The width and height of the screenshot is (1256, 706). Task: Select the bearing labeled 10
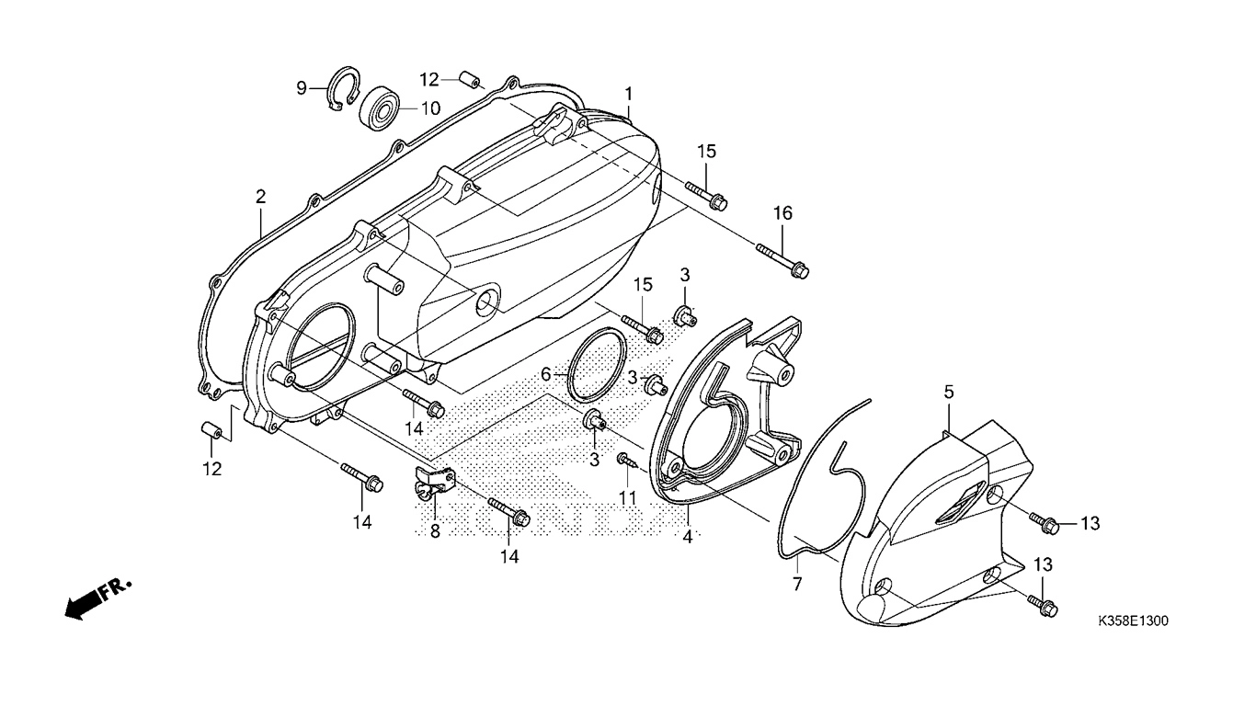coord(379,108)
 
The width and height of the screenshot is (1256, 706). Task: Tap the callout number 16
coord(782,213)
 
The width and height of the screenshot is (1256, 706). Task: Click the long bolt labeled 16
coord(782,261)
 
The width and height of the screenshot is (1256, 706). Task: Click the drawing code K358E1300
coord(1134,621)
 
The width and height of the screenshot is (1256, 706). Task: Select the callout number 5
coord(948,392)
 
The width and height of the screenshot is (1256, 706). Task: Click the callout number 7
coord(797,583)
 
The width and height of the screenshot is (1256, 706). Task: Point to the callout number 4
coord(688,537)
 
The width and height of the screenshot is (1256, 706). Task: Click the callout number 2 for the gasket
coord(260,197)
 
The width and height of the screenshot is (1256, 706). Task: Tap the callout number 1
coord(629,93)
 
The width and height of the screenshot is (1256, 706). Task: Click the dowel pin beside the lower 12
coord(212,432)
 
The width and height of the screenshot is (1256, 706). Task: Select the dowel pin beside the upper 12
coord(470,81)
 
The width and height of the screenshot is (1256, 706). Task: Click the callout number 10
coord(430,108)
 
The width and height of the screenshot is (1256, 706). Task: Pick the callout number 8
coord(435,531)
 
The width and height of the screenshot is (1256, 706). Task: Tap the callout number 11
coord(628,498)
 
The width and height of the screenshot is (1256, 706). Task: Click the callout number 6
coord(545,374)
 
